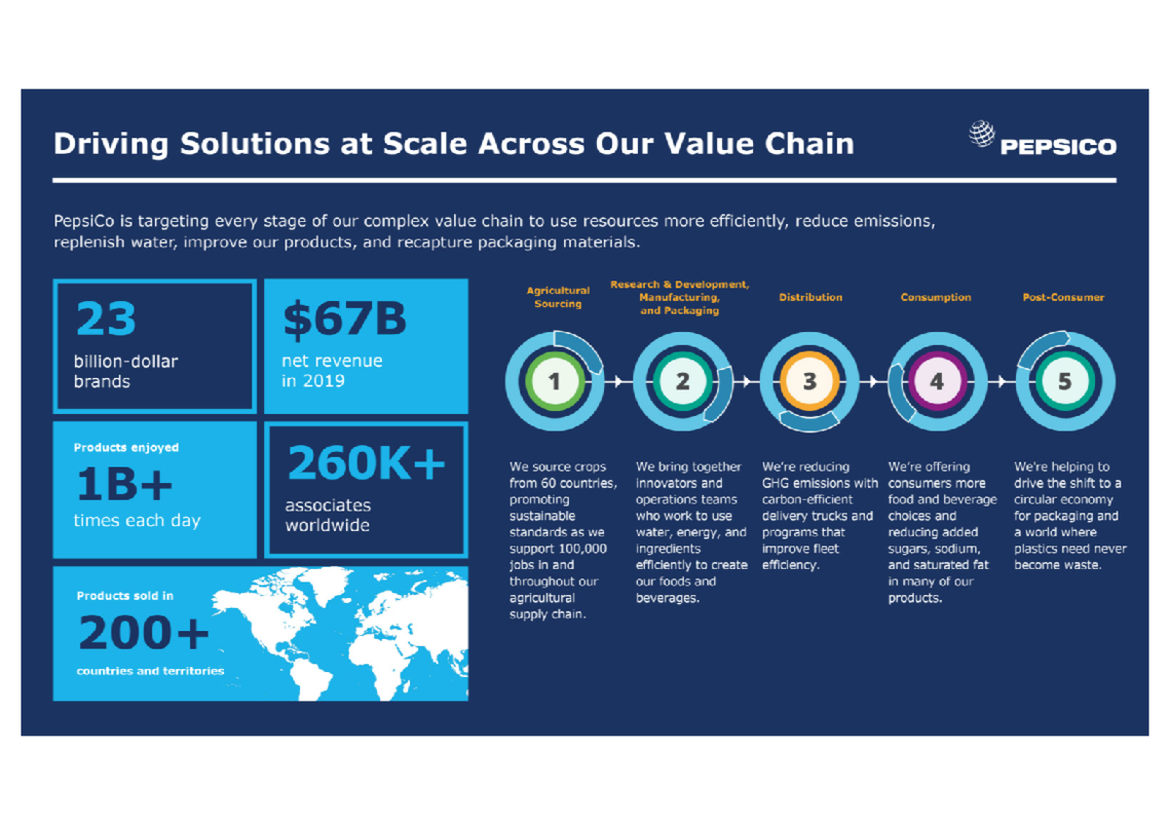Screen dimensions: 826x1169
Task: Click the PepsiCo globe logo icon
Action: click(x=982, y=134)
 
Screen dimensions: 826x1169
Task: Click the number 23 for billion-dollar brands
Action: click(x=106, y=319)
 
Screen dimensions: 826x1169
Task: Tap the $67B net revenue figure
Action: click(x=345, y=319)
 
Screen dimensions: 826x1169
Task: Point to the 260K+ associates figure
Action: click(x=366, y=466)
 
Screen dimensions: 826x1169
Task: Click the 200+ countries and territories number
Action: click(x=143, y=634)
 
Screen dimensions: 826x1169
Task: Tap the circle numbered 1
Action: click(x=554, y=382)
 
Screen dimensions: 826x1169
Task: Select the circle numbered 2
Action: click(x=682, y=382)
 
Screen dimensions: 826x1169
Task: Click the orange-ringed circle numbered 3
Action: click(x=809, y=382)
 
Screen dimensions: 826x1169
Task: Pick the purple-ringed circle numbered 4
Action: click(x=936, y=382)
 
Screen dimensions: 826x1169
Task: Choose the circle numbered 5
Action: click(x=1064, y=382)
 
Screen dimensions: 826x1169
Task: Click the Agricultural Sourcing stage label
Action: click(x=558, y=297)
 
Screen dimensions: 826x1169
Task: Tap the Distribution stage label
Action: click(x=811, y=297)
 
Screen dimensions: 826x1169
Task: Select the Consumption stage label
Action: click(x=935, y=297)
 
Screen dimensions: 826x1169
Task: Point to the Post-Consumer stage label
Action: click(x=1063, y=297)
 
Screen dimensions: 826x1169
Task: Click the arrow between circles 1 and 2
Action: click(x=618, y=382)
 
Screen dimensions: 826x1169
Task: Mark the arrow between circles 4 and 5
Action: click(x=1000, y=382)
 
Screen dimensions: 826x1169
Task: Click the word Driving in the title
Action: click(x=109, y=144)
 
